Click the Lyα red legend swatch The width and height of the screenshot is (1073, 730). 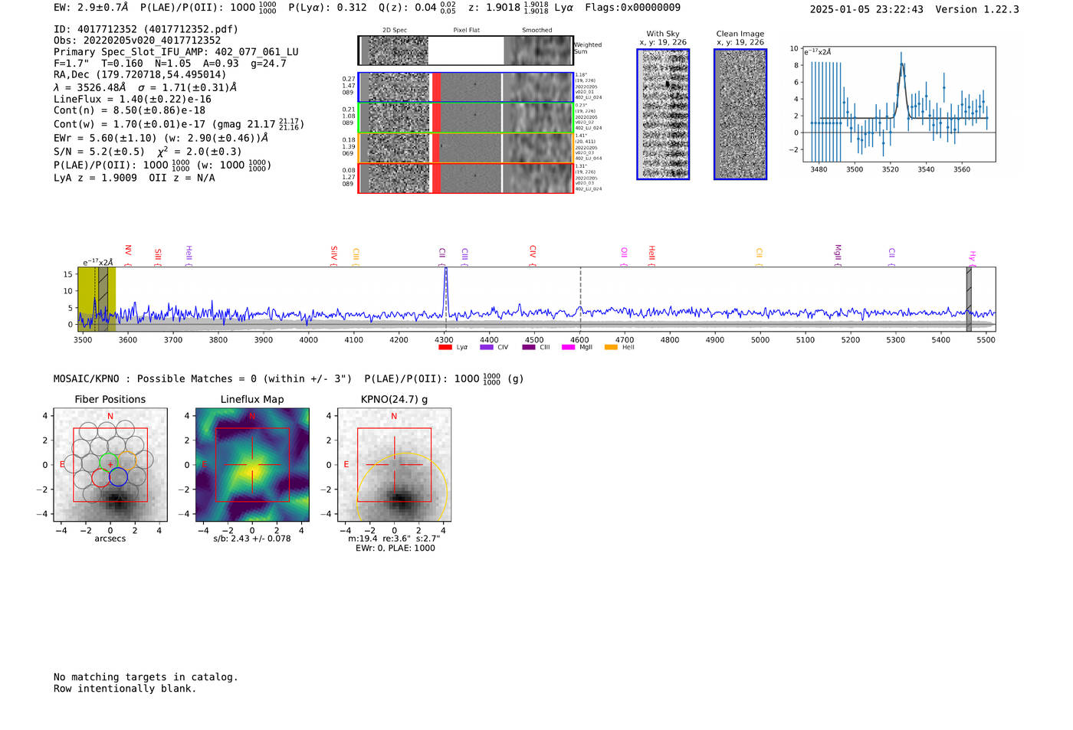[x=445, y=348]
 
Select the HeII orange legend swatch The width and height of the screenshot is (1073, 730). [x=611, y=348]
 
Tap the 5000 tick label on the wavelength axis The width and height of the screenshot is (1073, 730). [x=760, y=339]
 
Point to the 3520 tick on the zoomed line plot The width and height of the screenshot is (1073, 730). [x=890, y=169]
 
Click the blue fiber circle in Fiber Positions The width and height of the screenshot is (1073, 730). [x=118, y=477]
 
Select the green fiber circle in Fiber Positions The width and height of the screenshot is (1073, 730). [x=109, y=461]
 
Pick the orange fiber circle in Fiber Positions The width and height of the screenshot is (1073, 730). [x=127, y=460]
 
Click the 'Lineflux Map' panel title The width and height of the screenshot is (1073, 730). [x=252, y=399]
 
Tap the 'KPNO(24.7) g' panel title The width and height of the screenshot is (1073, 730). [x=394, y=399]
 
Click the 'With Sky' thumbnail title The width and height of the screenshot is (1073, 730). [x=663, y=34]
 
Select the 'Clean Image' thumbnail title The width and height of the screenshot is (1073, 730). [x=740, y=34]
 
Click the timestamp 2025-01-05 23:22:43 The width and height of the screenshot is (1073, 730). [x=866, y=9]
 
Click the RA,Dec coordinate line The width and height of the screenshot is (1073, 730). [x=140, y=74]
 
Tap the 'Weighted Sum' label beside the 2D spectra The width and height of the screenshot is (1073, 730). [x=588, y=48]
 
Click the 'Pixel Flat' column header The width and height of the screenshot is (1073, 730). [x=466, y=31]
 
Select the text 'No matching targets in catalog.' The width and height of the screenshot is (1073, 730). [x=146, y=676]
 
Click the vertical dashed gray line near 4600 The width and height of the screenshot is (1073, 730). [x=580, y=291]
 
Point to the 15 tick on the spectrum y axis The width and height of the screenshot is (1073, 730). [x=68, y=274]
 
